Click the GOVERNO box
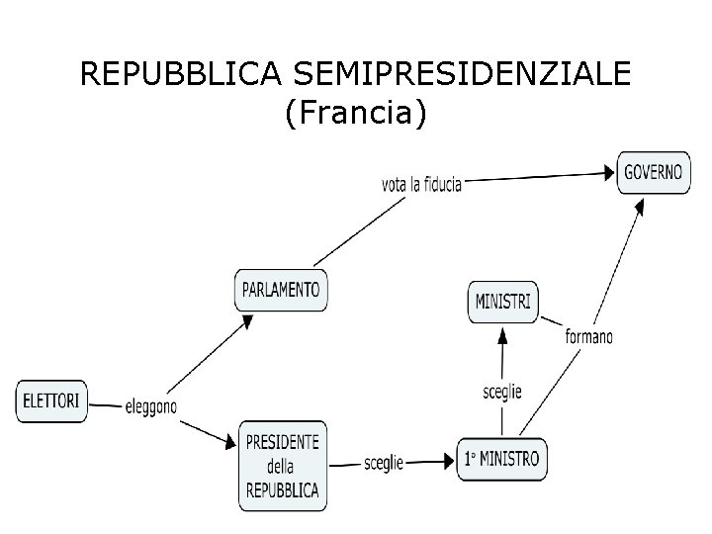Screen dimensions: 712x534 (x=653, y=172)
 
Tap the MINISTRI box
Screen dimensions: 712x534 (x=502, y=301)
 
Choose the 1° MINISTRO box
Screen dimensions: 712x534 (x=501, y=459)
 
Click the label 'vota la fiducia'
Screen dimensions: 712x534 (x=421, y=183)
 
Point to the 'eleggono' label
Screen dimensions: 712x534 (x=151, y=405)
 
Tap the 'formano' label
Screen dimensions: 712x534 (x=588, y=336)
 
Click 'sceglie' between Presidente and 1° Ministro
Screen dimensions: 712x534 (x=384, y=463)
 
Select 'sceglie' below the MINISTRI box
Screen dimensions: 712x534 (x=502, y=392)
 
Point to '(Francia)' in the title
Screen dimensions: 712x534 (x=355, y=114)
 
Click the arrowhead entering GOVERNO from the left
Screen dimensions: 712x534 (x=606, y=173)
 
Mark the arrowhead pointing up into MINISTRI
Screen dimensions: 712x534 (x=502, y=334)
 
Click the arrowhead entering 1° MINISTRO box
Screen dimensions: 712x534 (x=447, y=461)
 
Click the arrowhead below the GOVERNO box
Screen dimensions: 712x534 (x=639, y=207)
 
